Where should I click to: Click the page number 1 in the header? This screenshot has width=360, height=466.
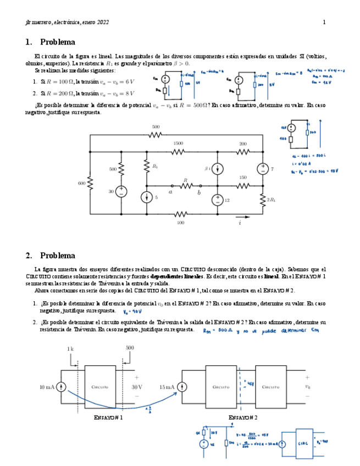click(324, 22)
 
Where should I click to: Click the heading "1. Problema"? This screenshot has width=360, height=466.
click(50, 42)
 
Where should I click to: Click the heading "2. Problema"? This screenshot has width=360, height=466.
click(50, 256)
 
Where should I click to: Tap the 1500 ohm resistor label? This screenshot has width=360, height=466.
click(178, 143)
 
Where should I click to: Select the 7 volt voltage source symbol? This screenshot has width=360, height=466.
click(262, 169)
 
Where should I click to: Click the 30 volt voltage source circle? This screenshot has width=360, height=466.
click(121, 191)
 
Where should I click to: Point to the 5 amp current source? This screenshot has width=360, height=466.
click(147, 196)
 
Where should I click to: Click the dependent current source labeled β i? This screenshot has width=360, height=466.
click(218, 169)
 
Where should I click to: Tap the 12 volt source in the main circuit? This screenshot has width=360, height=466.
click(218, 199)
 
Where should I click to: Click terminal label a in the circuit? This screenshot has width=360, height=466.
click(171, 192)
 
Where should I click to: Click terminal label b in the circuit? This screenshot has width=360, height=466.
click(199, 192)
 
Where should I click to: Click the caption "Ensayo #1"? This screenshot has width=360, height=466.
click(108, 418)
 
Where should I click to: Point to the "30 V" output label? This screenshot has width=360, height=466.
click(137, 387)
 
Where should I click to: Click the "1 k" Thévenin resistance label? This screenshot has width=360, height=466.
click(70, 348)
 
